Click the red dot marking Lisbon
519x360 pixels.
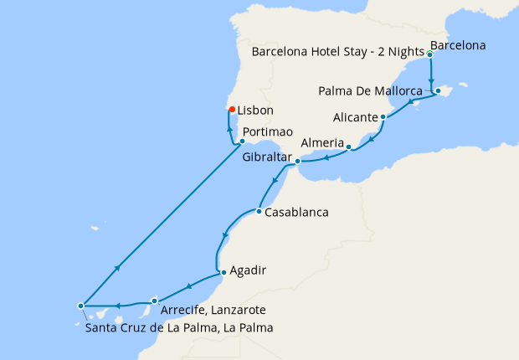pos(232,109)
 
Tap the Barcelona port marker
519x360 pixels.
pos(429,54)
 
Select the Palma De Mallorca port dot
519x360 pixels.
pos(438,90)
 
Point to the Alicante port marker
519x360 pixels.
pos(383,117)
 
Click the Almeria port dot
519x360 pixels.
pos(348,147)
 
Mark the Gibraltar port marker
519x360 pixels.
pos(297,159)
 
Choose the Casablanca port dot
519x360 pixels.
pos(259,211)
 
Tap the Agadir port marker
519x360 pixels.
pos(222,271)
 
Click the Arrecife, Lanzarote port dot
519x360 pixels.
pos(154,300)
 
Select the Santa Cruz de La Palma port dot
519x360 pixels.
pos(80,306)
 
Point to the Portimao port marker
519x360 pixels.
pos(242,141)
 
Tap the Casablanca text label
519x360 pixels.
pos(296,213)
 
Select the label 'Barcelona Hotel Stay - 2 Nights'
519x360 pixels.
pos(337,50)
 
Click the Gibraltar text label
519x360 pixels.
pos(266,157)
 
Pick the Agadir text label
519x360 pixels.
pos(249,270)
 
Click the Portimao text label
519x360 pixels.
pos(268,132)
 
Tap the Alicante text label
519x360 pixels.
pos(354,118)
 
